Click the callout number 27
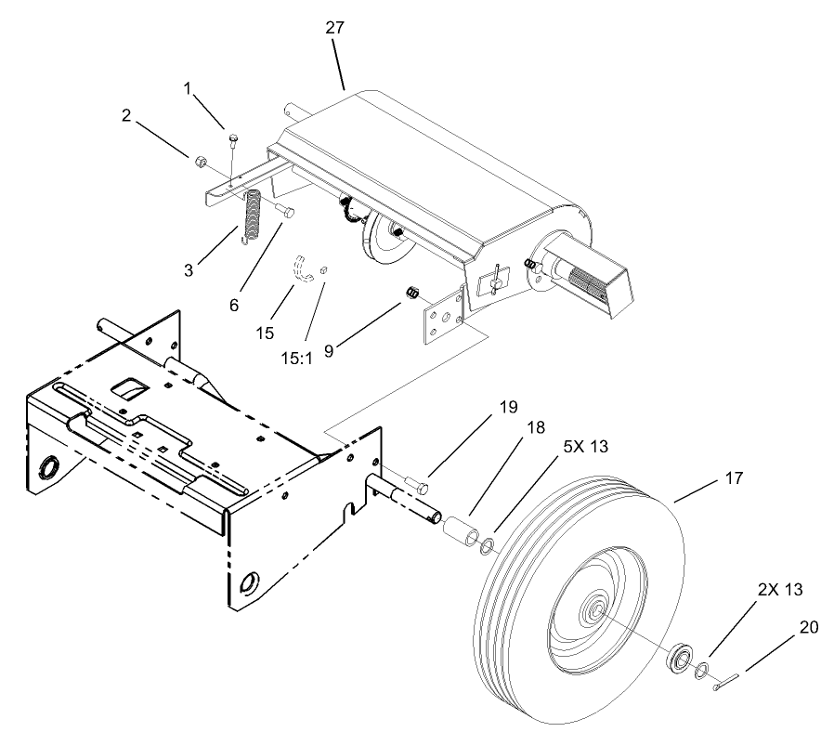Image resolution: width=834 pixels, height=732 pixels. (335, 28)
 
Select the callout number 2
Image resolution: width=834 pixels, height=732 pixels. (126, 116)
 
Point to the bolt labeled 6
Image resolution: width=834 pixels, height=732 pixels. (284, 212)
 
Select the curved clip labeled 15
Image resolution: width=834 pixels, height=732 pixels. (302, 267)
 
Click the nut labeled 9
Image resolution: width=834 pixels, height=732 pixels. (412, 294)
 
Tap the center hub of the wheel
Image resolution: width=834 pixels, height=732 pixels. (592, 611)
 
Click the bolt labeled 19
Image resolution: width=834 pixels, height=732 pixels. (418, 484)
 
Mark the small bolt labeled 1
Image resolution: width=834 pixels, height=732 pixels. (232, 142)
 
